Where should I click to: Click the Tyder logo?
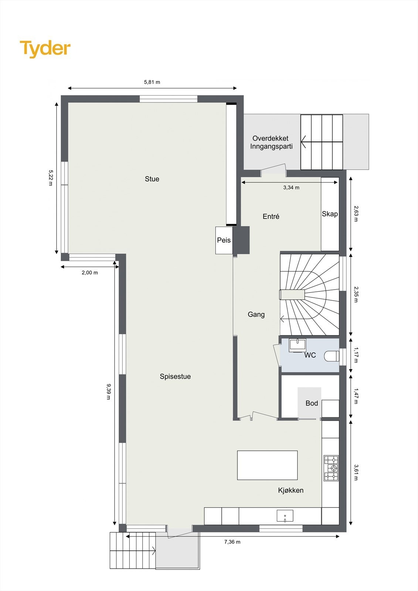(45, 49)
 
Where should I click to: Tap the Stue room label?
(152, 179)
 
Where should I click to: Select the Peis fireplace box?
(224, 240)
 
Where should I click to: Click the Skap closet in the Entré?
(330, 214)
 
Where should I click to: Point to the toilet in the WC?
(332, 356)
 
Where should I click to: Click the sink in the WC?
(297, 345)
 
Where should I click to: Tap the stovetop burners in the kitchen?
(331, 468)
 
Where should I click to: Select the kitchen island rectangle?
(267, 465)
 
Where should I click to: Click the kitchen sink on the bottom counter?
(285, 516)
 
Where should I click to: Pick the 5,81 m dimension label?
(152, 82)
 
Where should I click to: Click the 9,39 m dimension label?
(108, 392)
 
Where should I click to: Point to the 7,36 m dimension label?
(232, 542)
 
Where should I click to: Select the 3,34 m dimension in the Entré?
(291, 188)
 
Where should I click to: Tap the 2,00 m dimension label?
(89, 273)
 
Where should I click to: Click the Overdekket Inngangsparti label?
(271, 143)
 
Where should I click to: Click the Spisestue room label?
(175, 377)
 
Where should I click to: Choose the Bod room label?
(312, 403)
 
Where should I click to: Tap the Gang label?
(256, 314)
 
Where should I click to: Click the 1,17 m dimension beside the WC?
(356, 355)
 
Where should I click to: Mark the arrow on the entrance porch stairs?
(305, 141)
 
